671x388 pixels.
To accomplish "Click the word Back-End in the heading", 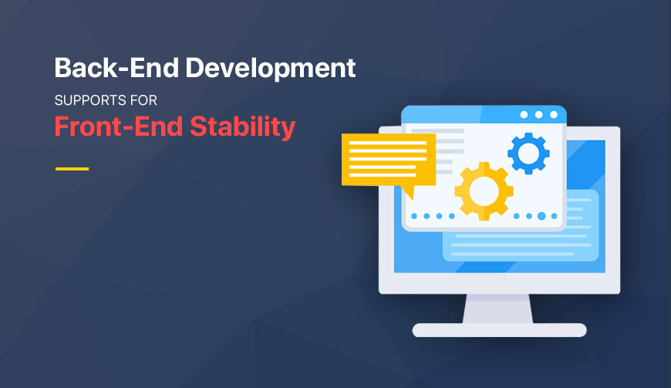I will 107,68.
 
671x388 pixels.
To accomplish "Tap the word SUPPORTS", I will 87,100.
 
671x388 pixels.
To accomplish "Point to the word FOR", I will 143,100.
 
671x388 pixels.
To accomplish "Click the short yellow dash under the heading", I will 72,168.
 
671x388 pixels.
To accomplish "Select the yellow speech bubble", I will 388,160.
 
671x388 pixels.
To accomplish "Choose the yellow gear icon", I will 484,191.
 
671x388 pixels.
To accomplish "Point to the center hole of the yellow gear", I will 484,191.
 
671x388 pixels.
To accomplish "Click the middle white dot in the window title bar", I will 538,115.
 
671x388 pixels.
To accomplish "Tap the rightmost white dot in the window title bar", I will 553,115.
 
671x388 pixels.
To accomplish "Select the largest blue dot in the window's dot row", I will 541,216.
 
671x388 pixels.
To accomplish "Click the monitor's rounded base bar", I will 499,330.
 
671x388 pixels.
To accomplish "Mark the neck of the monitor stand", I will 498,309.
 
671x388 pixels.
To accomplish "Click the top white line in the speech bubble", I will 388,143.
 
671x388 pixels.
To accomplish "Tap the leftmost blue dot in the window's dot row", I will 414,216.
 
